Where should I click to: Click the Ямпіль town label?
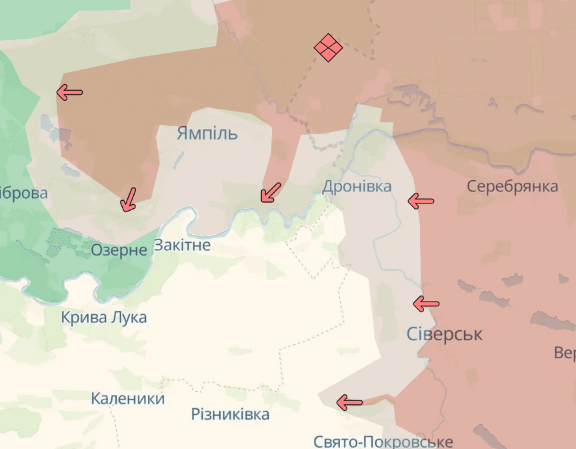point(207,133)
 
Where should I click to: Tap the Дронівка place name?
point(357,186)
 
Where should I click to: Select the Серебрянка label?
point(512,186)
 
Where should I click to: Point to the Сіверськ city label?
point(444,334)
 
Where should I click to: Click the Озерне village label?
point(119,250)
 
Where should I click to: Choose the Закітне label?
point(182,245)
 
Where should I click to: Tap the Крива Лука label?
point(103,317)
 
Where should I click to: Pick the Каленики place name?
point(127,399)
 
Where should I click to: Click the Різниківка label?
point(230,414)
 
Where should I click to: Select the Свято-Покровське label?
point(383,441)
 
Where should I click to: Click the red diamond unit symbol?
point(328,47)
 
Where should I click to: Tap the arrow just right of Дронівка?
point(421,199)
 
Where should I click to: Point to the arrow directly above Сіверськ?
point(426,304)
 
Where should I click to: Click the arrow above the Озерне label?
point(127,199)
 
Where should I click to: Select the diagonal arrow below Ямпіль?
point(270,192)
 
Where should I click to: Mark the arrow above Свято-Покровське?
point(349,402)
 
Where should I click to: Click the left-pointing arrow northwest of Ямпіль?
point(69,92)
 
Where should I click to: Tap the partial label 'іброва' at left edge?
point(24,193)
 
